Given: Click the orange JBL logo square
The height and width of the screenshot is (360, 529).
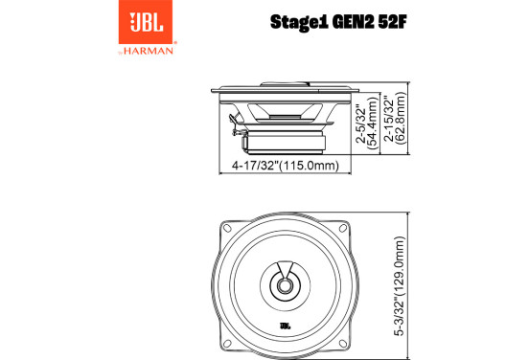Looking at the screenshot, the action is click(146, 22).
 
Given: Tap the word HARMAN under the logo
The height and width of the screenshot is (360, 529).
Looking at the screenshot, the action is click(149, 52).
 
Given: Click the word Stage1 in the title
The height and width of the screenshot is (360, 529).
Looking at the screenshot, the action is click(299, 23).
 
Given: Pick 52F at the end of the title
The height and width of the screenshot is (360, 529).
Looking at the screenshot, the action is click(393, 22).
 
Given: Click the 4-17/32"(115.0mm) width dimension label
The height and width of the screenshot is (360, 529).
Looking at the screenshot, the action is click(285, 166).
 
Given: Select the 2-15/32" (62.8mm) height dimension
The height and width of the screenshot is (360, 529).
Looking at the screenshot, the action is click(396, 118).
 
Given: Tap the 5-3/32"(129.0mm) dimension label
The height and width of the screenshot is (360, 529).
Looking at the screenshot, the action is click(400, 286).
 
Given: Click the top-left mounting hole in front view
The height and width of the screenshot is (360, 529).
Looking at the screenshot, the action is click(227, 228).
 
